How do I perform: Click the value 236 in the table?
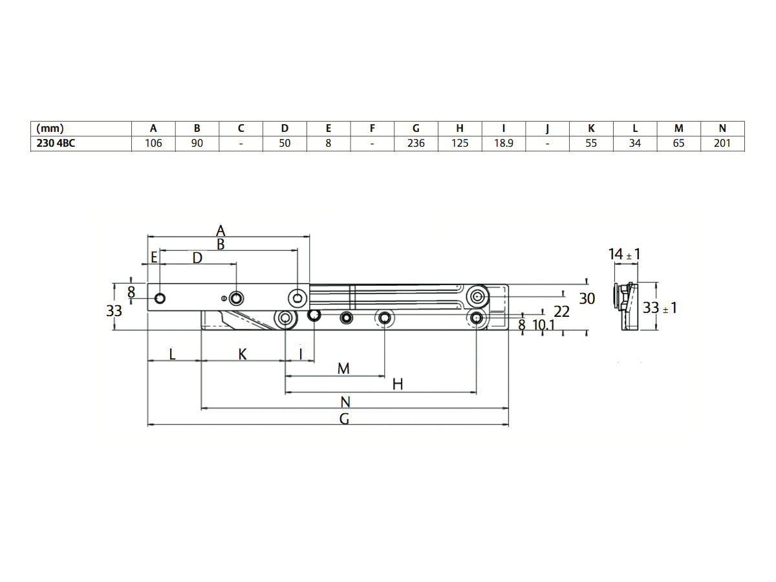[x=416, y=144]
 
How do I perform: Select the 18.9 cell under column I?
[x=504, y=144]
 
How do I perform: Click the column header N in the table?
[x=722, y=128]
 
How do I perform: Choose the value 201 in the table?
[x=722, y=144]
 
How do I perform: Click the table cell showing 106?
[x=153, y=144]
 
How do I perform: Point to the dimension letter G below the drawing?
[x=345, y=418]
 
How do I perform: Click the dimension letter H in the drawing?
[x=398, y=384]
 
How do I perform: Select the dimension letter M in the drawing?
[x=343, y=368]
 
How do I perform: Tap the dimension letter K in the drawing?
[x=242, y=354]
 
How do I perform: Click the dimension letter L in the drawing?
[x=171, y=354]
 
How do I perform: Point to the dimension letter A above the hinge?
[x=221, y=230]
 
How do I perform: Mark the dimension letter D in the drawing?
[x=197, y=258]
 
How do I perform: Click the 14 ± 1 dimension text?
[x=624, y=254]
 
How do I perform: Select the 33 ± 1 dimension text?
[x=660, y=308]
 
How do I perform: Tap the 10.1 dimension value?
[x=543, y=325]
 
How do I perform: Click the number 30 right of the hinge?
[x=587, y=299]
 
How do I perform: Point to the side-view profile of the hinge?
[x=624, y=306]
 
